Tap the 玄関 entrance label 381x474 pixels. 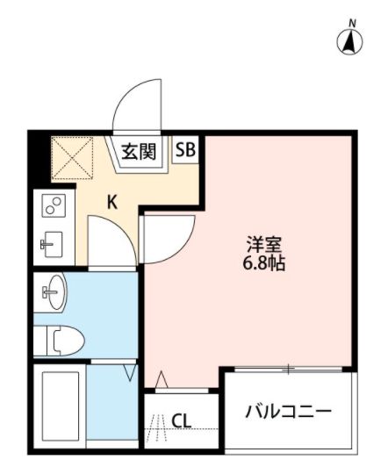pos(138,151)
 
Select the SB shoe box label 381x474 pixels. pos(186,149)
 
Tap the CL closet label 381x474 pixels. pos(182,420)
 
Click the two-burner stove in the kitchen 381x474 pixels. pos(52,207)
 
